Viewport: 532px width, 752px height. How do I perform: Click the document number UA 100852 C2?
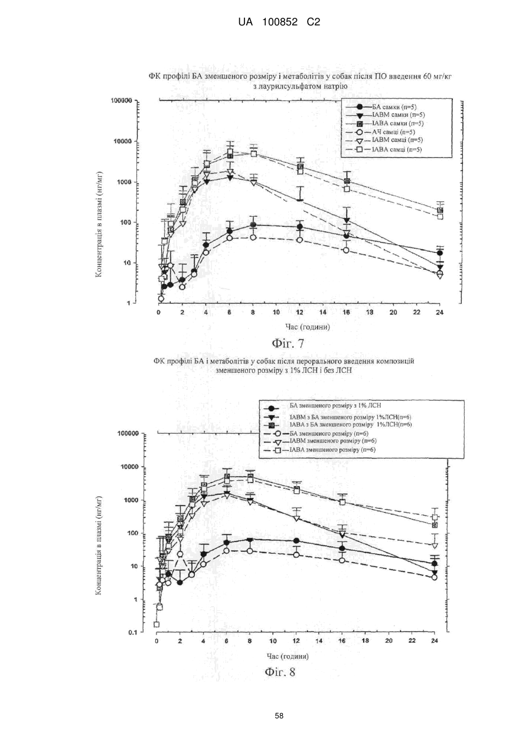click(279, 22)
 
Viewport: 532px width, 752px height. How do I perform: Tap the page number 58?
click(279, 716)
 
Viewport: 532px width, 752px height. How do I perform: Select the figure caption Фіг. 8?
click(280, 672)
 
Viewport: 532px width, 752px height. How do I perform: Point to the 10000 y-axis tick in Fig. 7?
click(122, 141)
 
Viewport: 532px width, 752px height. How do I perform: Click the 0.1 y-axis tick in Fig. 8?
click(133, 633)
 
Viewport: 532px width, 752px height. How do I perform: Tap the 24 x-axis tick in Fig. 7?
click(439, 312)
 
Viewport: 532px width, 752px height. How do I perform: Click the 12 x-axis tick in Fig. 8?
click(296, 640)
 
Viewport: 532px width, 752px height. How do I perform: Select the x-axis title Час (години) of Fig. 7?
click(308, 327)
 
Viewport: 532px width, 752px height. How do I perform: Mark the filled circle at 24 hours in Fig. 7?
click(440, 253)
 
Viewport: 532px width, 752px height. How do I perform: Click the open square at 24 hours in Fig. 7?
click(440, 217)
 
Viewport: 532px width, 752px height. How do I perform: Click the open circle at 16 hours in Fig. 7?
click(346, 250)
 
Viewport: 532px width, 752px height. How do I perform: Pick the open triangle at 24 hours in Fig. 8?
click(435, 546)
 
